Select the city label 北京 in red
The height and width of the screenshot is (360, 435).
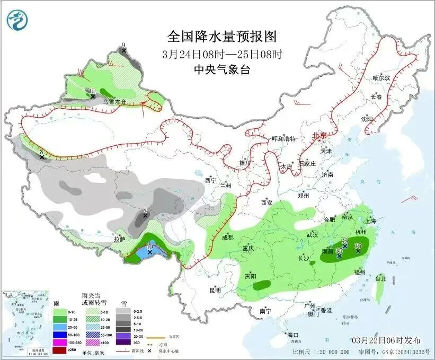321,135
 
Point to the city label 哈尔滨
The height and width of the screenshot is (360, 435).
381,78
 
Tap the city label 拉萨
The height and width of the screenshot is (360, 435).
120,239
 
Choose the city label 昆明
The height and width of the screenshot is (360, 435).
215,290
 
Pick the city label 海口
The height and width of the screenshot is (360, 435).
292,335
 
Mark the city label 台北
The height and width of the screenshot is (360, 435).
381,278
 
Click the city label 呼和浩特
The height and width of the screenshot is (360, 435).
283,139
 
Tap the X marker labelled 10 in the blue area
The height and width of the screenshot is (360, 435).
150,252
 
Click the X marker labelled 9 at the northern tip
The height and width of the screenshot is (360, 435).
123,50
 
